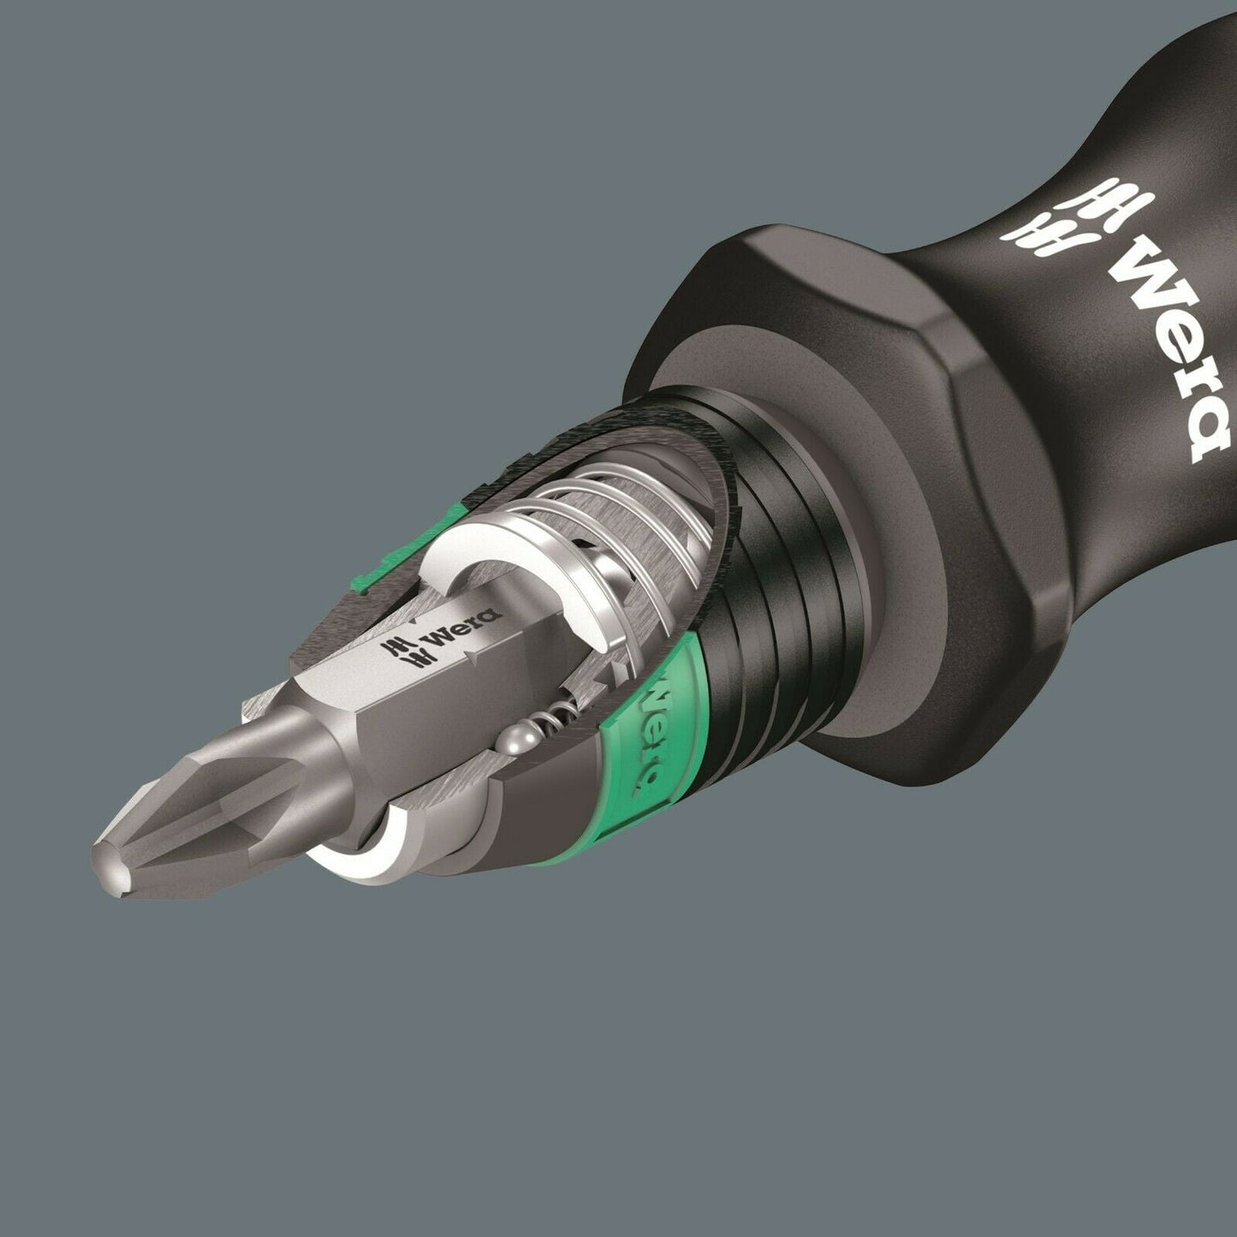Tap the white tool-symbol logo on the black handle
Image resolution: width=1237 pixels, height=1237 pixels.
(1049, 221)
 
